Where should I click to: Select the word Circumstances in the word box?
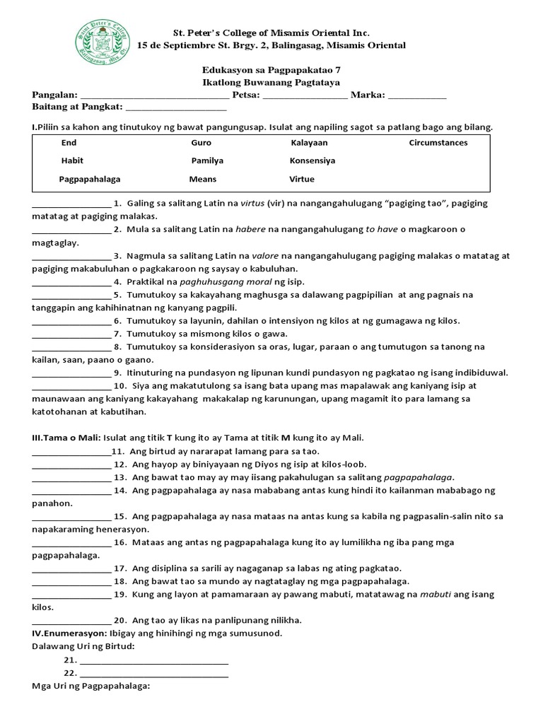pyautogui.click(x=438, y=143)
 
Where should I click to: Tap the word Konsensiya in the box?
pyautogui.click(x=312, y=160)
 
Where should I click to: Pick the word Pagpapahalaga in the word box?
pyautogui.click(x=90, y=180)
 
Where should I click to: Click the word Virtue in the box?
pyautogui.click(x=302, y=180)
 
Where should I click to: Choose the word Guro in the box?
pyautogui.click(x=201, y=143)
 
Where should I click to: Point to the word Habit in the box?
pyautogui.click(x=72, y=160)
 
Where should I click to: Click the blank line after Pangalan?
pyautogui.click(x=155, y=95)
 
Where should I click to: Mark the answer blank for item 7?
pyautogui.click(x=71, y=334)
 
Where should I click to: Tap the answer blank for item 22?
pyautogui.click(x=154, y=673)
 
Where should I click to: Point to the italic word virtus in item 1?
pyautogui.click(x=252, y=203)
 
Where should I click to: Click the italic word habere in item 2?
pyautogui.click(x=252, y=229)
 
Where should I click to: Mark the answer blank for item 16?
pyautogui.click(x=71, y=542)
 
